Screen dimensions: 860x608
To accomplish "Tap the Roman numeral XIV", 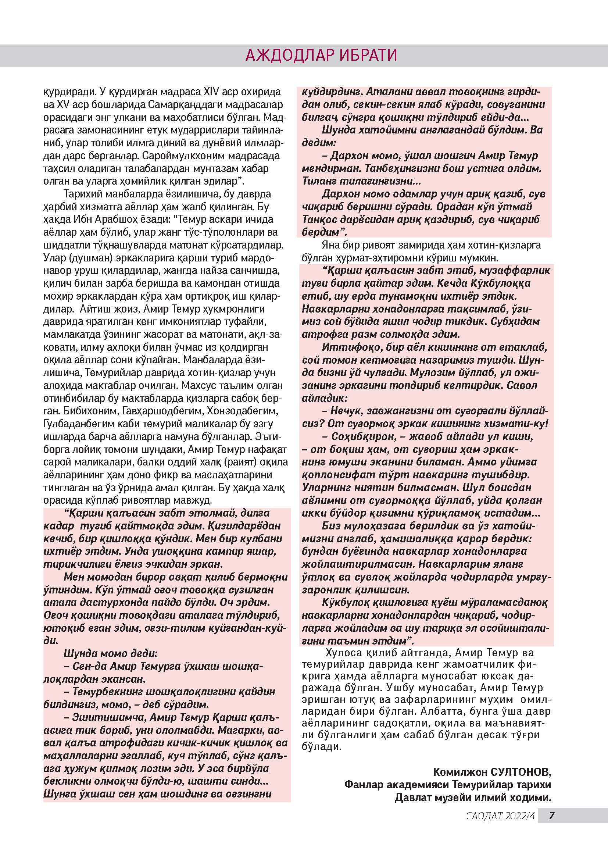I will [212, 92].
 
